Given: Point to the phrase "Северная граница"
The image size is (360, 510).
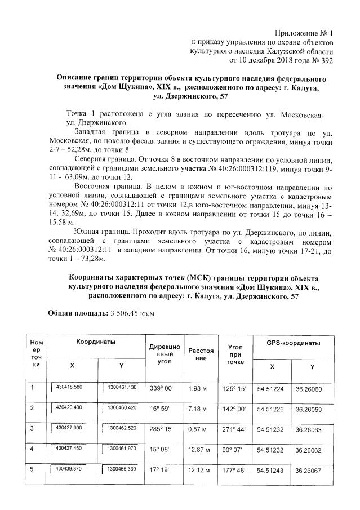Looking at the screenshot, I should pyautogui.click(x=104, y=160).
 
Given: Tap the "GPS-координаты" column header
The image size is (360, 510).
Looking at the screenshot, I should pyautogui.click(x=293, y=343).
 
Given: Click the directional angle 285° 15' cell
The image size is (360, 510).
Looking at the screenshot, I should pyautogui.click(x=160, y=429).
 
